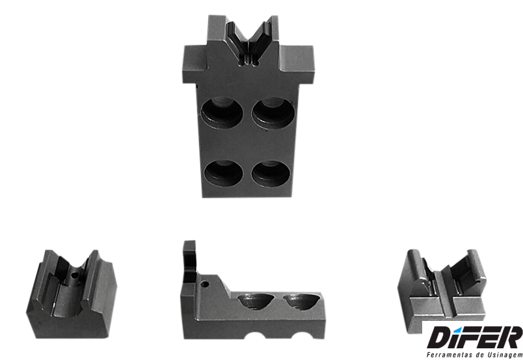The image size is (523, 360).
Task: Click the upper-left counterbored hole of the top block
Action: point(222,112)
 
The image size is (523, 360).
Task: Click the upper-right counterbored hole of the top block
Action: point(273,113)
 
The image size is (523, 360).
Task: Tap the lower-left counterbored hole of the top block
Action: point(224,173)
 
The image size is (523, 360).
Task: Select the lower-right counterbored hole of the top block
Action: point(271,174)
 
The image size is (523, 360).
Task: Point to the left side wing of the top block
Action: point(194,64)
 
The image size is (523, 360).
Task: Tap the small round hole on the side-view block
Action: point(204,284)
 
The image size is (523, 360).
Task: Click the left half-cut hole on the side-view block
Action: point(256,301)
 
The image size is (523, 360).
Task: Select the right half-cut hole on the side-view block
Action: point(302,301)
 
